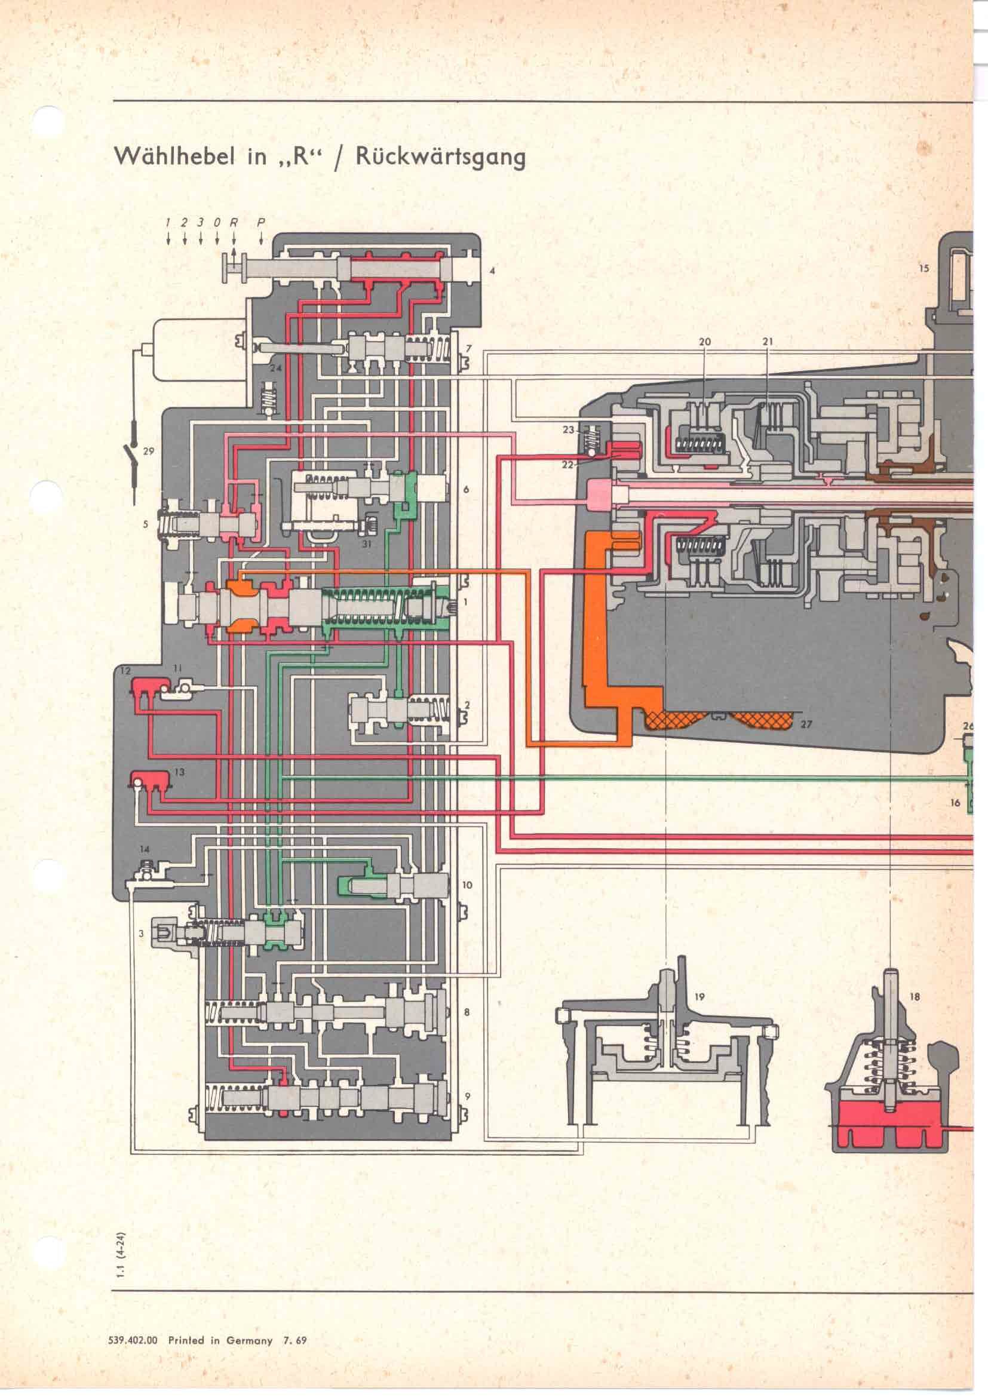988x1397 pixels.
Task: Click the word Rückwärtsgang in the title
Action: (440, 158)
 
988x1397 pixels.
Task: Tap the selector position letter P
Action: (261, 223)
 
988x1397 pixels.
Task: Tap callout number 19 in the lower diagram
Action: (699, 997)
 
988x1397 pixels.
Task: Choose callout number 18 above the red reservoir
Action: (915, 997)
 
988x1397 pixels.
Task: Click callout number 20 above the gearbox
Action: (704, 342)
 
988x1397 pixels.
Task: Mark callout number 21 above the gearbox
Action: (767, 342)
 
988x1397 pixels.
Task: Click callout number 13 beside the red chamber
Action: (179, 772)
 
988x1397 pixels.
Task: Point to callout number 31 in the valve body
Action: (366, 545)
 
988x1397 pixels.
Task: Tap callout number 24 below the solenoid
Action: (275, 369)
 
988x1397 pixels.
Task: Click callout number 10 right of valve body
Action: (467, 885)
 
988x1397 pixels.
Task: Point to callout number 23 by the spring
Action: (568, 429)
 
